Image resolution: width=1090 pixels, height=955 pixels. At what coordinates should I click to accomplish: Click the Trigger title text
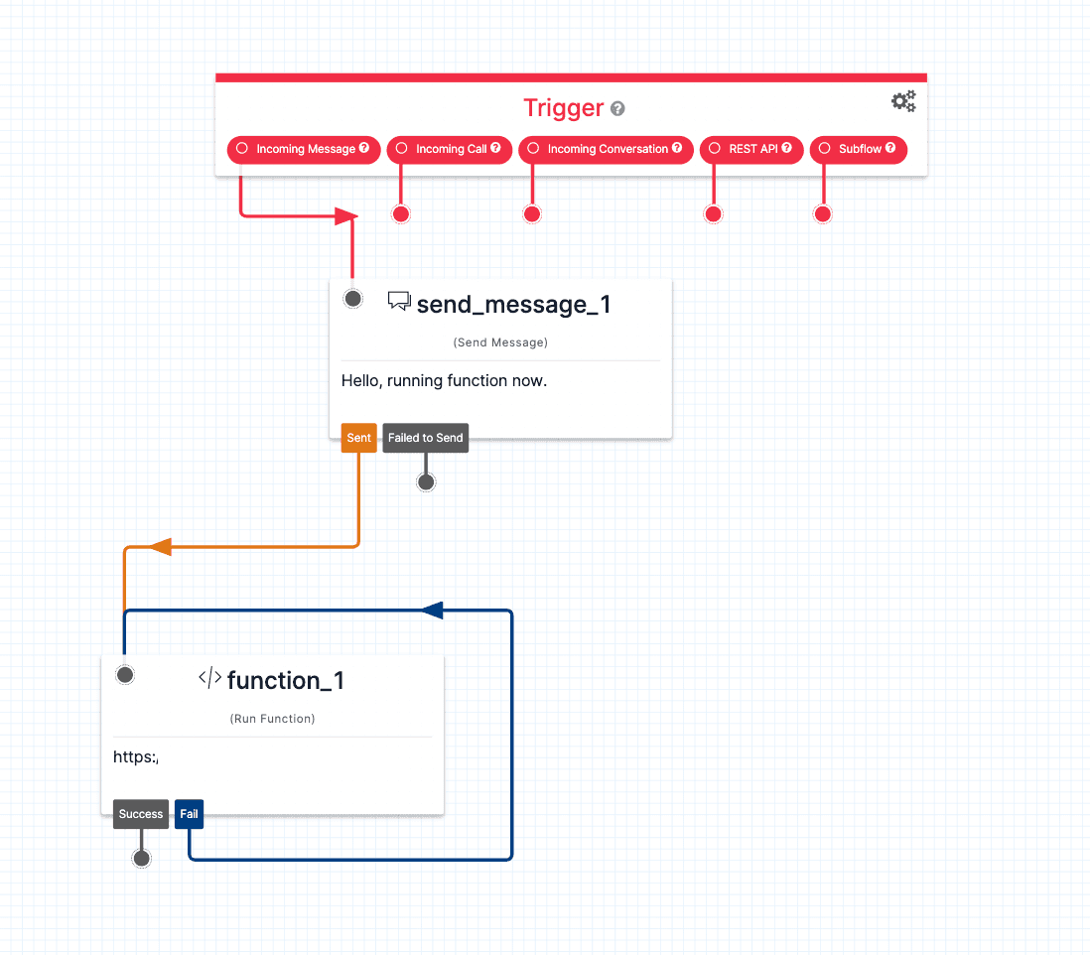pyautogui.click(x=563, y=108)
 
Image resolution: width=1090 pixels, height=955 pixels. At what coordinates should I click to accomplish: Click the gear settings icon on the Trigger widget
pyautogui.click(x=903, y=101)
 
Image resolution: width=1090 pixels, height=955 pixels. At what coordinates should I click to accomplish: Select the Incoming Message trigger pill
pyautogui.click(x=304, y=149)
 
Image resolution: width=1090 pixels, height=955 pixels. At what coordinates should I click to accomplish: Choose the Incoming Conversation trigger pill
pyautogui.click(x=606, y=149)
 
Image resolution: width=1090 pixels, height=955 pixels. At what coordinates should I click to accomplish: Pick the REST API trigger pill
pyautogui.click(x=750, y=149)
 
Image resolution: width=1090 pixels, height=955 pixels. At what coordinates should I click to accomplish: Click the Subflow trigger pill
pyautogui.click(x=859, y=149)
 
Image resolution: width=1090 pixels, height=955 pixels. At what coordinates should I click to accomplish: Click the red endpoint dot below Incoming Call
pyautogui.click(x=400, y=214)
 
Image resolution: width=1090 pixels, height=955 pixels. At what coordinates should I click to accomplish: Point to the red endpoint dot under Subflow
pyautogui.click(x=822, y=214)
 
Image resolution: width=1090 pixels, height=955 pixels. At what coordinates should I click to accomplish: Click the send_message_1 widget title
pyautogui.click(x=513, y=304)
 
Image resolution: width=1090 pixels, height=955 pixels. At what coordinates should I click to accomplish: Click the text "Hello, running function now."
pyautogui.click(x=444, y=380)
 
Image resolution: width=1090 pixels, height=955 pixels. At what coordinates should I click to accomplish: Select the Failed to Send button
pyautogui.click(x=425, y=438)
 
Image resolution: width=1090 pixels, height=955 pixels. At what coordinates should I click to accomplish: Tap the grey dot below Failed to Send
pyautogui.click(x=426, y=482)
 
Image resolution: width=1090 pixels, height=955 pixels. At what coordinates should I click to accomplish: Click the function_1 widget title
pyautogui.click(x=285, y=680)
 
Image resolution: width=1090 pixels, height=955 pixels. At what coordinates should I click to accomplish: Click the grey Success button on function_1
pyautogui.click(x=141, y=814)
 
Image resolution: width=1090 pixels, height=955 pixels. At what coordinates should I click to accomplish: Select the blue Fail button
pyautogui.click(x=189, y=814)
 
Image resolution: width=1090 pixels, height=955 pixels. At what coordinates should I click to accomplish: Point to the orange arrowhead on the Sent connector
pyautogui.click(x=160, y=546)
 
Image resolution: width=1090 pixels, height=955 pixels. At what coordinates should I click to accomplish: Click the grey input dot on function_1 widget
pyautogui.click(x=125, y=675)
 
